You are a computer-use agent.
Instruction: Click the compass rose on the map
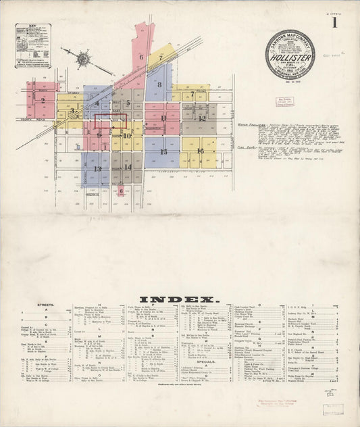pyautogui.click(x=83, y=59)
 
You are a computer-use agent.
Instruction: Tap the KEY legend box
pyautogui.click(x=33, y=45)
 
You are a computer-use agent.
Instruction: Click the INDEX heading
pyautogui.click(x=180, y=299)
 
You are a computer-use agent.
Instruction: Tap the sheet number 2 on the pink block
pyautogui.click(x=43, y=100)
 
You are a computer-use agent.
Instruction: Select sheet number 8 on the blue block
pyautogui.click(x=159, y=86)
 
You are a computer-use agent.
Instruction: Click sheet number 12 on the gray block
pyautogui.click(x=201, y=118)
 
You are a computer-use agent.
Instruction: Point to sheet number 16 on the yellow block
pyautogui.click(x=201, y=151)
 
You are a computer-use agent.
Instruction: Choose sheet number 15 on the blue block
pyautogui.click(x=163, y=151)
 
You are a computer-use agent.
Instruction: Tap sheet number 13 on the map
pyautogui.click(x=98, y=169)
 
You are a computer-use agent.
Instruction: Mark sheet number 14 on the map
pyautogui.click(x=128, y=166)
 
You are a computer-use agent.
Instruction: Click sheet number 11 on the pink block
pyautogui.click(x=163, y=118)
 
